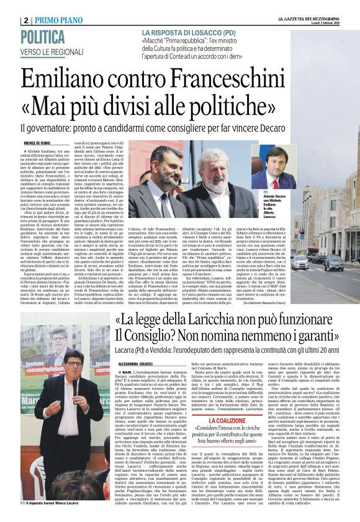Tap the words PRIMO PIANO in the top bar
click(x=63, y=21)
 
